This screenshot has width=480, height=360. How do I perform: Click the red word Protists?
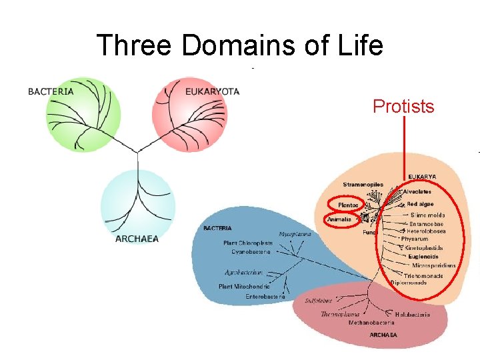403,106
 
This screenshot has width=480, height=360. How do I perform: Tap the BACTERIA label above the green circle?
51,91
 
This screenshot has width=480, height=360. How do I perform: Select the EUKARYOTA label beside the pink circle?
212,91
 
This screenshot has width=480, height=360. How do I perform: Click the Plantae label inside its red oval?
348,205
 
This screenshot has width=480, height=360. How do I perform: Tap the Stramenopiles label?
363,185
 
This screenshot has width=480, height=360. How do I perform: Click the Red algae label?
420,204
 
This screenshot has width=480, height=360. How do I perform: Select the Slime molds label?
427,215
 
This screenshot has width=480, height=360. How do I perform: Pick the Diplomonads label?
409,282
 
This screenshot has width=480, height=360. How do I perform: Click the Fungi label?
370,233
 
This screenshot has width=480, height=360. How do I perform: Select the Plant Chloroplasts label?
248,243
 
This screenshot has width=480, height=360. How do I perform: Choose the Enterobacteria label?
265,296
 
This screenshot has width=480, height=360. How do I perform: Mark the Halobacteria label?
412,315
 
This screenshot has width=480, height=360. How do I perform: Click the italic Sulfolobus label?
319,301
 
